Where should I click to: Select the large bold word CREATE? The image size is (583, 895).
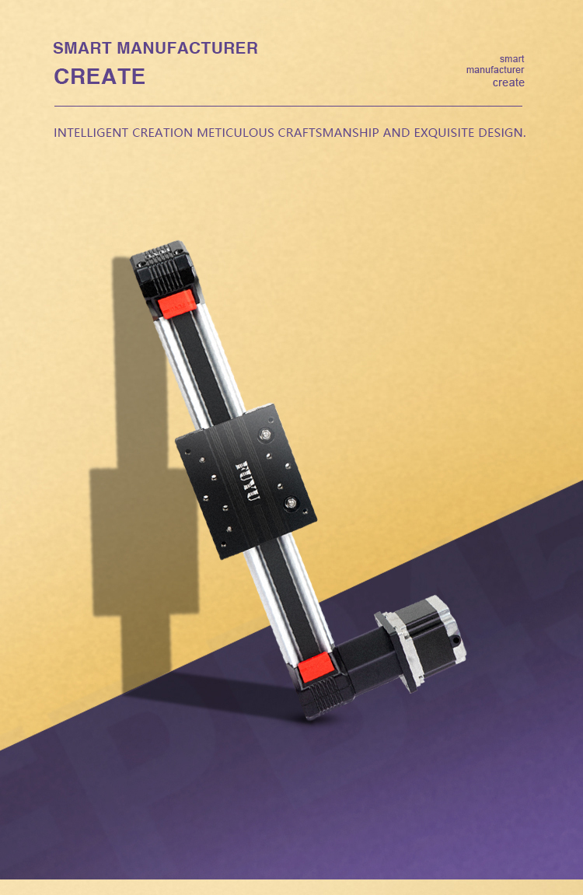click(99, 76)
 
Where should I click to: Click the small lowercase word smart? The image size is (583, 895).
click(511, 59)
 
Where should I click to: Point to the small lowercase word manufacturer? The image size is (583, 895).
click(495, 70)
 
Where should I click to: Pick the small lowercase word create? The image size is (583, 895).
click(508, 82)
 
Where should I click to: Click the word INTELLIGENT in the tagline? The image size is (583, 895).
click(91, 132)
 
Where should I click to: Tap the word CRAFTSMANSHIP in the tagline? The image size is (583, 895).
click(328, 132)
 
